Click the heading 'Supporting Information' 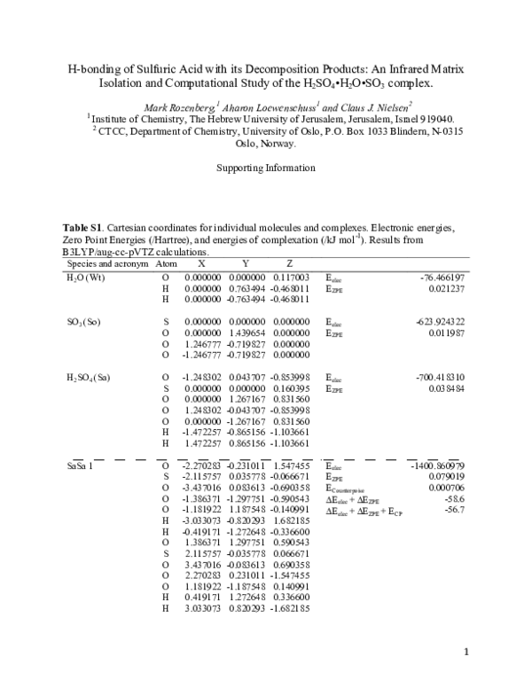click(x=265, y=168)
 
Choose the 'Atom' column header click(x=166, y=264)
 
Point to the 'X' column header click(x=202, y=264)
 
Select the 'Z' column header click(x=289, y=264)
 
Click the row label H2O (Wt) click(x=85, y=278)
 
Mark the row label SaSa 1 click(x=82, y=465)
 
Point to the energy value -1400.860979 click(x=437, y=465)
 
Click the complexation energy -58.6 click(x=453, y=499)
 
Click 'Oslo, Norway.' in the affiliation click(x=265, y=142)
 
